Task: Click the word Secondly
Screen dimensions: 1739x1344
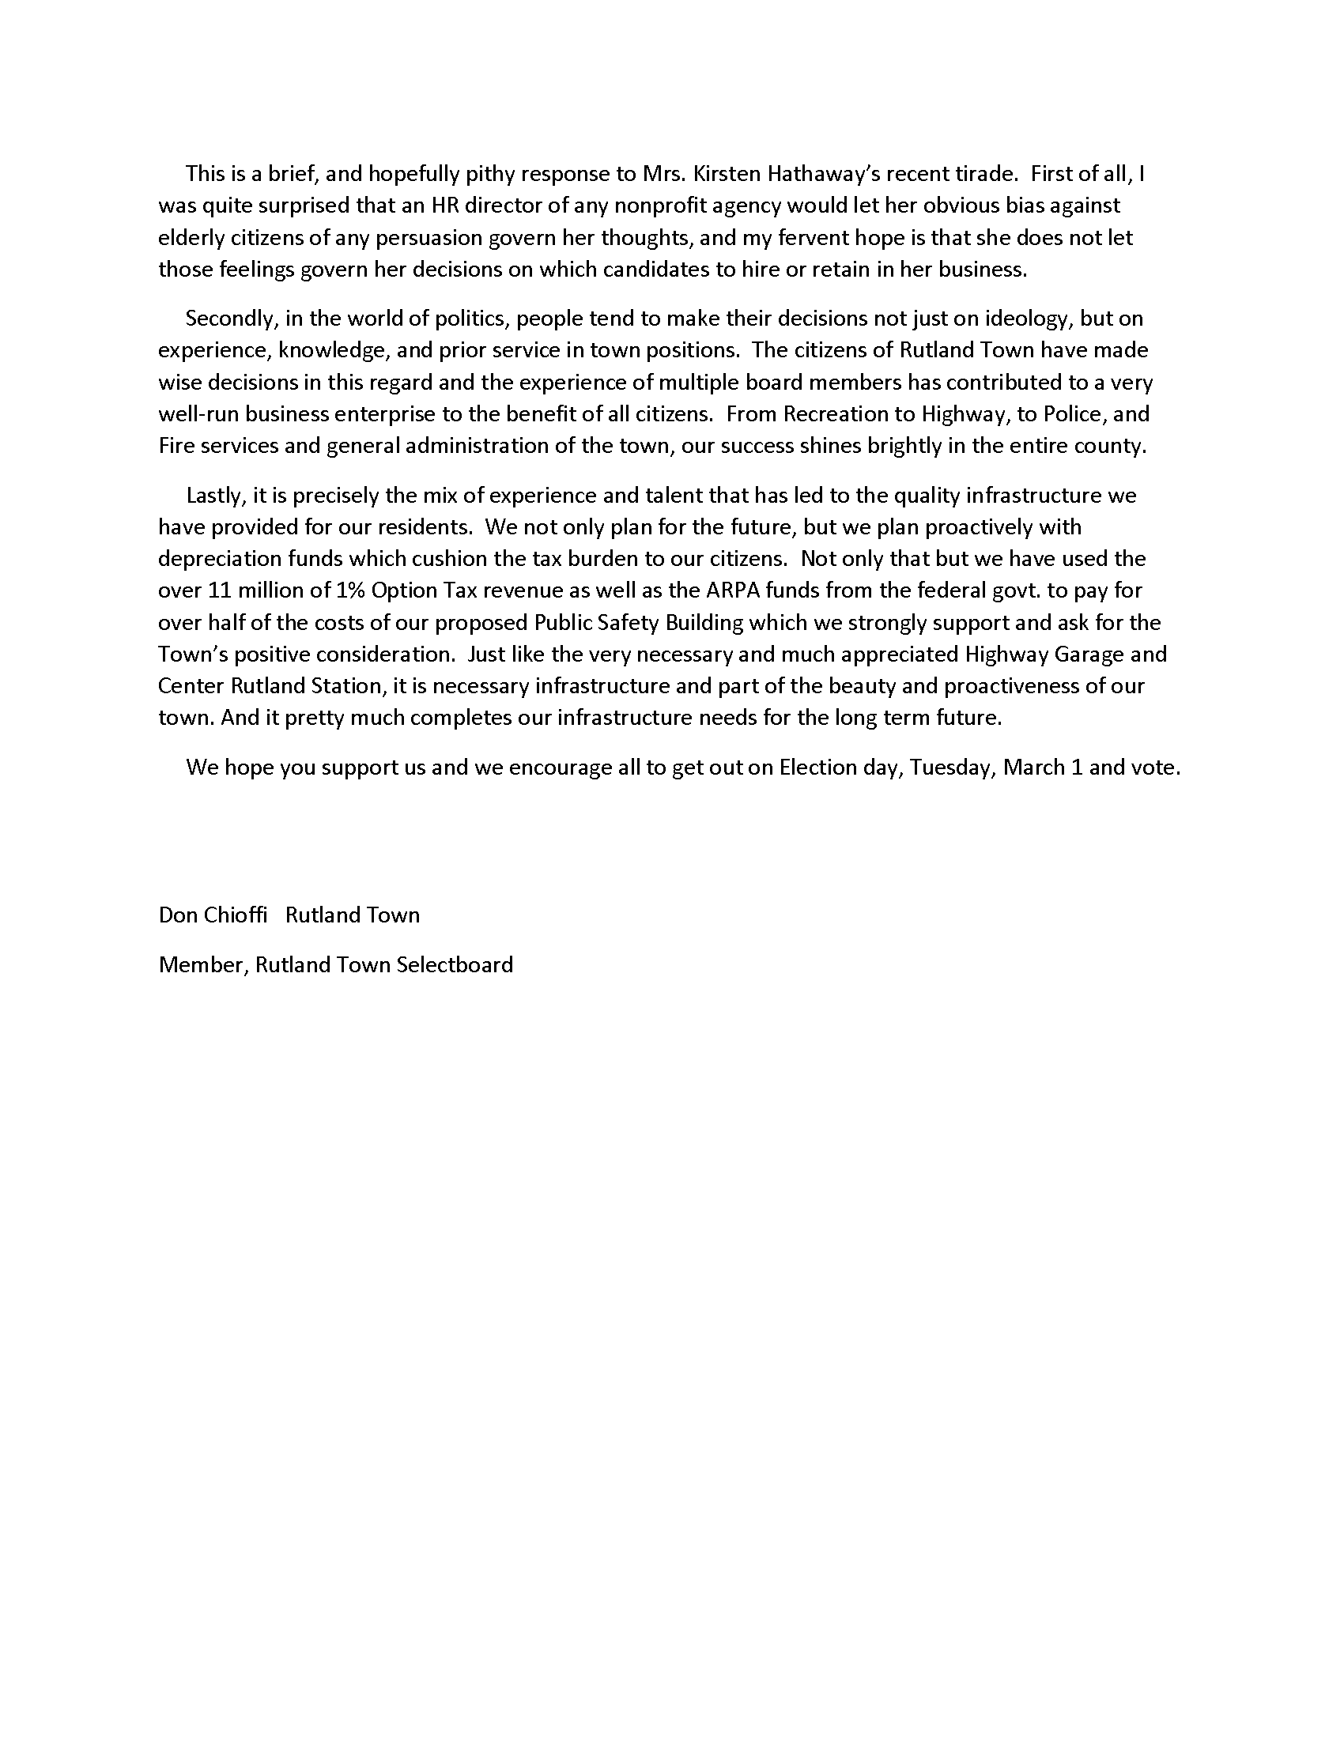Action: tap(231, 319)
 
